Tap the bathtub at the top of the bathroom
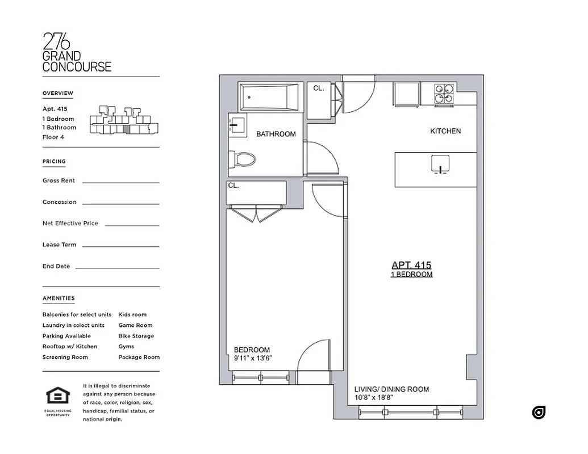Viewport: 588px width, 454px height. (x=269, y=98)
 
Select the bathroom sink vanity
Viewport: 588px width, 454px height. (x=236, y=125)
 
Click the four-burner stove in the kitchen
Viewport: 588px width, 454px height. (x=444, y=94)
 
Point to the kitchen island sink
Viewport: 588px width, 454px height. (x=440, y=165)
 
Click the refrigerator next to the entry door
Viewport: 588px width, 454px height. (x=407, y=94)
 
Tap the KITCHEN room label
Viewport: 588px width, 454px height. (x=445, y=131)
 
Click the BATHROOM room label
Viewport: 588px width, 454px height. (x=276, y=134)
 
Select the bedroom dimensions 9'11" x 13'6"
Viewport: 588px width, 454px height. (x=253, y=358)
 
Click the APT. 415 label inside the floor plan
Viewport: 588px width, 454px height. (x=411, y=265)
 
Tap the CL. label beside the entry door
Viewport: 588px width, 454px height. (x=319, y=89)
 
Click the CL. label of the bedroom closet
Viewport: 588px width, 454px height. (x=233, y=186)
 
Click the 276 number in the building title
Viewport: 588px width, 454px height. (x=57, y=42)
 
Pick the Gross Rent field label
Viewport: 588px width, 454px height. (x=59, y=180)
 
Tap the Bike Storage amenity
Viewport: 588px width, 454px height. (x=136, y=336)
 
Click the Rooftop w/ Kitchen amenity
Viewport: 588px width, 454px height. (x=69, y=346)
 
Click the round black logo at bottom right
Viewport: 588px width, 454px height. (x=539, y=413)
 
